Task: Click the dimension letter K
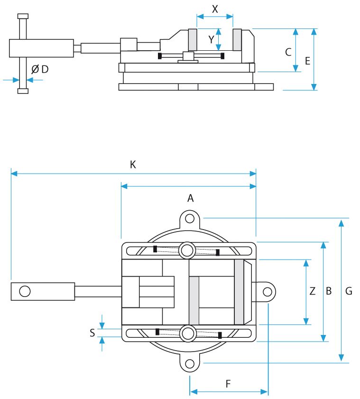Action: click(133, 165)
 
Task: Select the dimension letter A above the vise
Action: click(191, 198)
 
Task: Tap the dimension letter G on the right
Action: click(349, 291)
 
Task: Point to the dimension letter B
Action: click(329, 291)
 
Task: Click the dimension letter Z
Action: click(313, 291)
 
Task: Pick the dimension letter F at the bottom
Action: click(228, 383)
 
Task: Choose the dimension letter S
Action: click(92, 333)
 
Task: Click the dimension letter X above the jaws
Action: click(215, 9)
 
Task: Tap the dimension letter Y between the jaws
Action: click(211, 39)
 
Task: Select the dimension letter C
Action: click(288, 52)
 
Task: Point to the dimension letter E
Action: click(308, 61)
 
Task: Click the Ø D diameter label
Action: click(40, 69)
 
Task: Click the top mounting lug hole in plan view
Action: click(190, 218)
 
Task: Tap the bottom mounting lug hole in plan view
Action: click(190, 363)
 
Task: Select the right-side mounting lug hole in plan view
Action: click(268, 292)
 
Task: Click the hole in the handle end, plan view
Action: click(25, 291)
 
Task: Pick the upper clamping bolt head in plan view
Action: click(187, 251)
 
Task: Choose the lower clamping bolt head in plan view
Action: click(188, 334)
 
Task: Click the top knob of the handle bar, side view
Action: click(23, 16)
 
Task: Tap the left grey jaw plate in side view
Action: click(193, 40)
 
